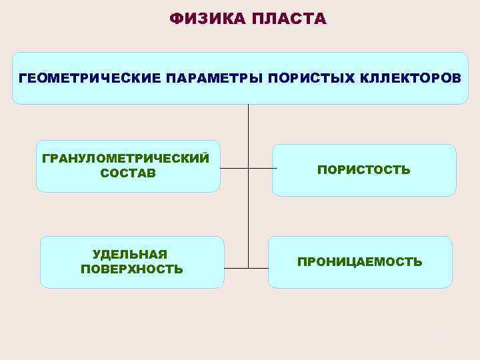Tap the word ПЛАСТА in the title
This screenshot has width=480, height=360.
point(289,19)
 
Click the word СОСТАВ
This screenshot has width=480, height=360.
point(128,173)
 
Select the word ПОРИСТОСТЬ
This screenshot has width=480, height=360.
point(363,170)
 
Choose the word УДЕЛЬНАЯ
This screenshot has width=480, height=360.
point(130,255)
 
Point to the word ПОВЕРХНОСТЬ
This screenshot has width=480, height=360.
point(131,269)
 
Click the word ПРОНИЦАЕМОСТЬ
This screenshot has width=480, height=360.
point(359,262)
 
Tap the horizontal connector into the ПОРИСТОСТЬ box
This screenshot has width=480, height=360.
point(262,168)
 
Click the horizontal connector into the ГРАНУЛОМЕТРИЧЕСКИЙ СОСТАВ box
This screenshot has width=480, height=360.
point(233,168)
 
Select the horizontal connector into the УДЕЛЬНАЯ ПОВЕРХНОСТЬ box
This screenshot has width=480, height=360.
point(236,268)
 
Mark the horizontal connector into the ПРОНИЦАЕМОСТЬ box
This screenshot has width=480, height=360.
point(258,268)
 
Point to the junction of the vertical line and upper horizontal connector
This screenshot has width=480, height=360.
point(248,168)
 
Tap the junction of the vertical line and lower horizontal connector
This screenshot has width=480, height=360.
point(248,268)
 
